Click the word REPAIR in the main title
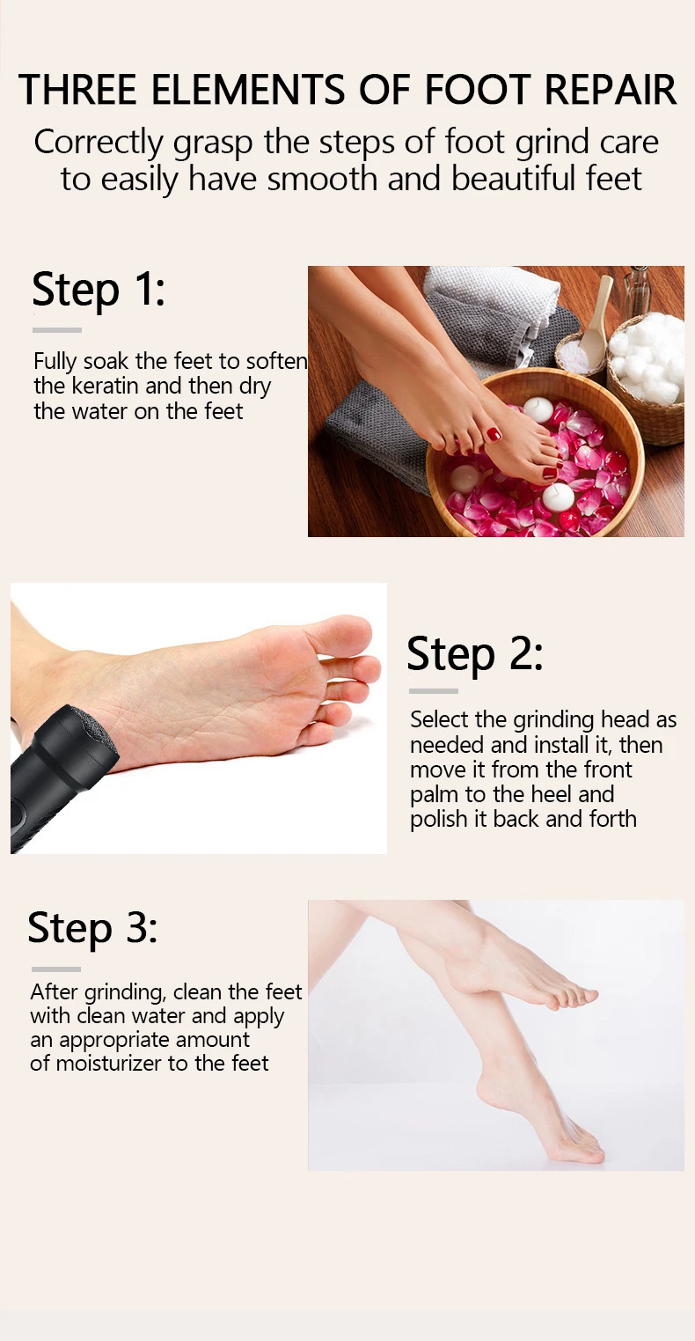(x=610, y=90)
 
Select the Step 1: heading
(x=99, y=291)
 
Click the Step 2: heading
(x=475, y=655)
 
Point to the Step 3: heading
(x=92, y=929)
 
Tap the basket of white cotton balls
(x=647, y=377)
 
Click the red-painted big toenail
(x=494, y=433)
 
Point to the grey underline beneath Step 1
(x=57, y=330)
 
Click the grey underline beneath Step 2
(x=434, y=691)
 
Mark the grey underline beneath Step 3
(x=55, y=969)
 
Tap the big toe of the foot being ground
(x=347, y=634)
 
